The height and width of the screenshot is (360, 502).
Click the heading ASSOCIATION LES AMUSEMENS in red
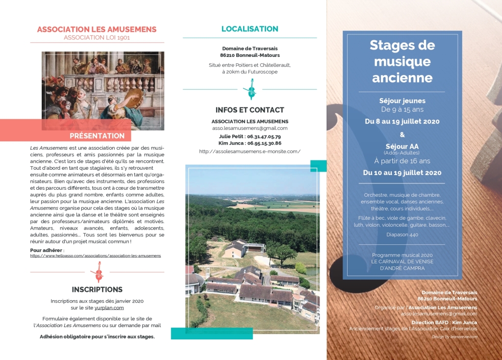point(97,29)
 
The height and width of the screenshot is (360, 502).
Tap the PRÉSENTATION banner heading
point(97,135)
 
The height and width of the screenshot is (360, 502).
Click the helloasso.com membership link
point(95,256)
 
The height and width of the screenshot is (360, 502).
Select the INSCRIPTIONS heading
point(97,289)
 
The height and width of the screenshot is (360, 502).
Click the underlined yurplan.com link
point(109,308)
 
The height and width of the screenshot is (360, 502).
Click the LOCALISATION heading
point(250,29)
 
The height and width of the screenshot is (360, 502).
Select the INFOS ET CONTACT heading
point(250,110)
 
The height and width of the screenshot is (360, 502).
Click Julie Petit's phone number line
point(250,136)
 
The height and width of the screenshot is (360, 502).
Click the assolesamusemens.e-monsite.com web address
point(250,152)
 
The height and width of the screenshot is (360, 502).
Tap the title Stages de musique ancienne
point(402,61)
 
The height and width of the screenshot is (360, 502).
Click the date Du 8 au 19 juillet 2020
point(402,121)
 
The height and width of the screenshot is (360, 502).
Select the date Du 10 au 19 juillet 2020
point(402,172)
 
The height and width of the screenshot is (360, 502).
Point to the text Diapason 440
point(402,234)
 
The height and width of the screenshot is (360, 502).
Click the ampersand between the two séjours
point(402,134)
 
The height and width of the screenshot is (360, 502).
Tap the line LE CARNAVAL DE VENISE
point(402,261)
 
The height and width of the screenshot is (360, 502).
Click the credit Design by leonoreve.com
point(454,337)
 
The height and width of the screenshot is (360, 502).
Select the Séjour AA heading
point(402,146)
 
